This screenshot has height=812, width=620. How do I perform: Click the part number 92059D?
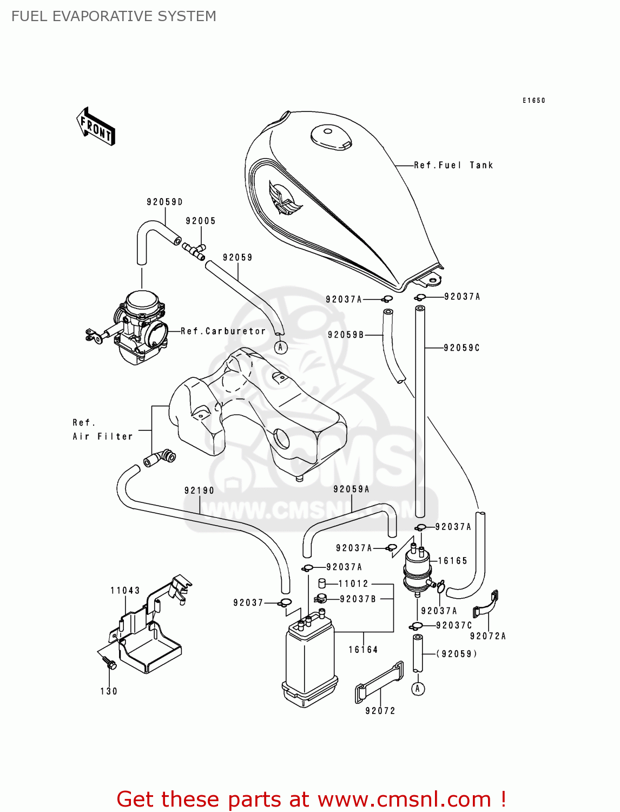164,202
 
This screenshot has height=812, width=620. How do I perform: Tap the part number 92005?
201,221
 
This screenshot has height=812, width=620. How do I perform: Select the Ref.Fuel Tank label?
453,165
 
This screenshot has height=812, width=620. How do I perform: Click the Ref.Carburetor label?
223,331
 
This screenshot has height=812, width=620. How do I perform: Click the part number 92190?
199,490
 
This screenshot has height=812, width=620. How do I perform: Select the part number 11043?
125,591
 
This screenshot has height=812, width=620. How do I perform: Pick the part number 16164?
363,650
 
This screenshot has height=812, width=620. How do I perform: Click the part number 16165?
452,561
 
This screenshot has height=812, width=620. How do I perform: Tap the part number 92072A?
487,636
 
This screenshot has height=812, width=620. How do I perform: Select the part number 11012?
353,584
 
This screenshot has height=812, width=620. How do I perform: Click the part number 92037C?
454,625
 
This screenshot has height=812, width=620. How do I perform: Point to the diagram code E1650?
533,101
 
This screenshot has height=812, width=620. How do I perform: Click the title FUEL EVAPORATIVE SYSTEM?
114,16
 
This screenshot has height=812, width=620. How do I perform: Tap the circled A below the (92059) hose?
418,689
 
